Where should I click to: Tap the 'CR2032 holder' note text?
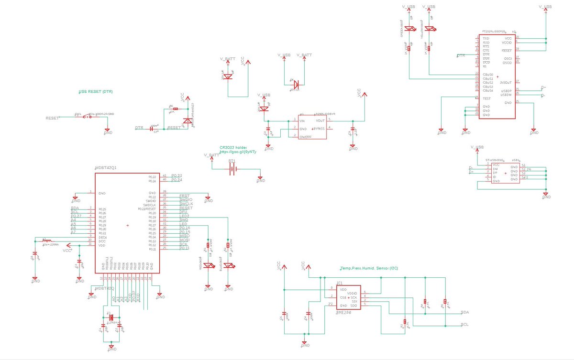(233, 147)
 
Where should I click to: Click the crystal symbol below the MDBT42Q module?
(111, 317)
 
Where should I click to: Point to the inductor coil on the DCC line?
(47, 240)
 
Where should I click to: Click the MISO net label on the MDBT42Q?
(184, 236)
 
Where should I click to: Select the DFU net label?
(183, 212)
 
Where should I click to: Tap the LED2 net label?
(184, 216)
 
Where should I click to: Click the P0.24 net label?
(177, 180)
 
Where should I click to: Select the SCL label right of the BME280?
(464, 325)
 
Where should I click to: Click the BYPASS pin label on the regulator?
(319, 129)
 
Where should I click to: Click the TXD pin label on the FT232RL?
(486, 38)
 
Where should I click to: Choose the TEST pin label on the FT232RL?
(486, 98)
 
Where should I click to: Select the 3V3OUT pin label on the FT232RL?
(506, 82)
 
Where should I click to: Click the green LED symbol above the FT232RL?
(409, 29)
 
